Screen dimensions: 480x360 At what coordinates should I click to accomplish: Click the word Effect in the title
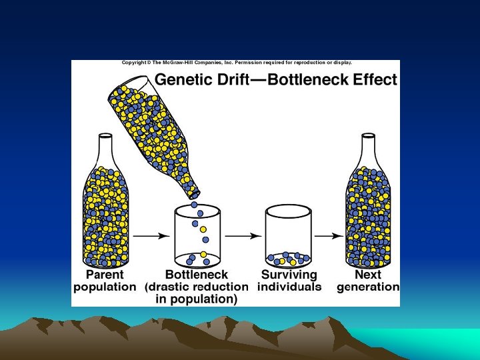point(376,81)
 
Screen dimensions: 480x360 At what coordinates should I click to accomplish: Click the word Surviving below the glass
point(289,275)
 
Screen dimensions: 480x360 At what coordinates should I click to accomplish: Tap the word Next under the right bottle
point(368,275)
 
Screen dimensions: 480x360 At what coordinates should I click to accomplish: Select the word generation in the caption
point(368,287)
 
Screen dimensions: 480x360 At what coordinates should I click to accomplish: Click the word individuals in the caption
point(289,287)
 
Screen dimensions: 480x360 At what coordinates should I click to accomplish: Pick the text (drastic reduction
point(197,287)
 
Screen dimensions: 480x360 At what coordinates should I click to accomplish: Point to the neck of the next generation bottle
point(368,150)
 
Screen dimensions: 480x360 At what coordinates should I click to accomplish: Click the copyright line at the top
point(237,63)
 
